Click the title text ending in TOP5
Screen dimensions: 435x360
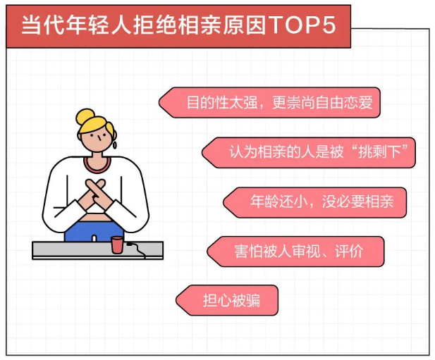(x=179, y=25)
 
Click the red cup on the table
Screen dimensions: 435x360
(x=117, y=244)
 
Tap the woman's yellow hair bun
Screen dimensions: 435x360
(x=85, y=116)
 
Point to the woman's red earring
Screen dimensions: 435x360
(x=115, y=144)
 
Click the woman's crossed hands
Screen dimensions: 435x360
(x=95, y=194)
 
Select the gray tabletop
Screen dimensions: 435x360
(x=98, y=250)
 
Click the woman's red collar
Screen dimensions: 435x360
(x=97, y=166)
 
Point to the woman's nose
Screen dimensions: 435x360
(x=99, y=138)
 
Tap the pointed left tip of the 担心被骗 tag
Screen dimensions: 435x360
(x=176, y=300)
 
